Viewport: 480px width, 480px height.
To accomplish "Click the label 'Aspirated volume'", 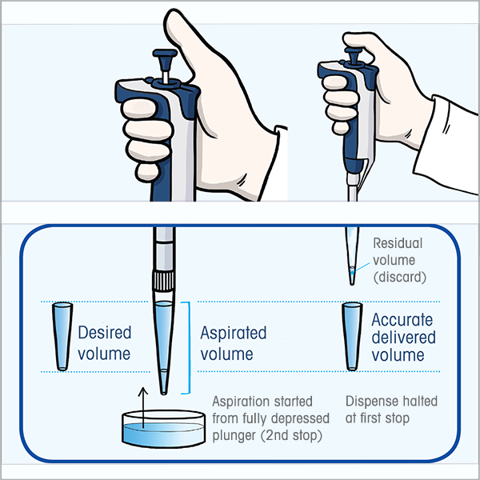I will point(233,342).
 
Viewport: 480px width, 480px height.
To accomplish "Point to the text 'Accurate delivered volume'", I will point(403,337).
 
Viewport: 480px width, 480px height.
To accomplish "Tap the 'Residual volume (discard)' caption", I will point(398,261).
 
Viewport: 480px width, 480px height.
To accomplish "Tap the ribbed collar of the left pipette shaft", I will point(163,281).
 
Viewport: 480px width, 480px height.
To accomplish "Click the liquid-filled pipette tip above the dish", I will point(163,344).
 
